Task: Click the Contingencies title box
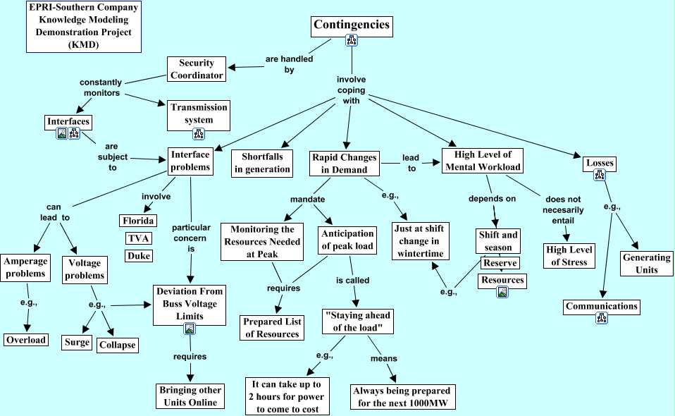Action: click(351, 25)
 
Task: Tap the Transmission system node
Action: click(199, 114)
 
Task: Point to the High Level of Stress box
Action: click(569, 255)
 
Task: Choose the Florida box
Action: click(139, 220)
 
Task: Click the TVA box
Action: click(139, 238)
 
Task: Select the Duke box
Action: click(139, 255)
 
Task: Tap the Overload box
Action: click(26, 340)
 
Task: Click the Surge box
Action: click(77, 342)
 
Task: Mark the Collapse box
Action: click(117, 345)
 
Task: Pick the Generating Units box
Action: click(646, 264)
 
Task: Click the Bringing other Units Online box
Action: click(190, 396)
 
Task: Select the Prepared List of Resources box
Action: click(272, 328)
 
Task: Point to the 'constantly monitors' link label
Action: click(101, 87)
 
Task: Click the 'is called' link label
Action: click(352, 280)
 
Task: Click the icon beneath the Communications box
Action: click(602, 319)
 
